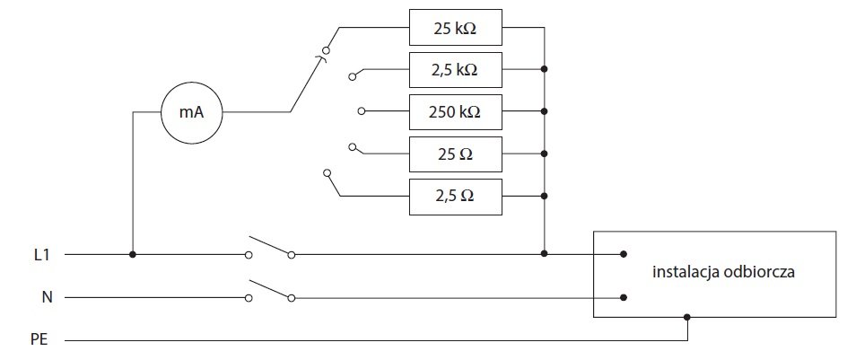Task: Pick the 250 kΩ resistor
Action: click(456, 112)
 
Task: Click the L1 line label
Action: click(39, 255)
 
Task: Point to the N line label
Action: click(47, 297)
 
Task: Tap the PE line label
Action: click(39, 340)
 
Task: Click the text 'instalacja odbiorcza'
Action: click(723, 272)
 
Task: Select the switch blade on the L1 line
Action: click(269, 245)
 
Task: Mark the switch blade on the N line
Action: click(269, 289)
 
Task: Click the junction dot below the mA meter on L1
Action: click(133, 254)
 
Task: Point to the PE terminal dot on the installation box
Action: click(687, 317)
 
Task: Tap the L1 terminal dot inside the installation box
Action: click(624, 254)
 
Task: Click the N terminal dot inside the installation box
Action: click(624, 297)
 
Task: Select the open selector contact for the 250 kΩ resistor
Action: click(362, 111)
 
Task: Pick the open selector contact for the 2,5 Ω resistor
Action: click(327, 173)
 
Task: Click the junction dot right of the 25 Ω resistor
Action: click(544, 154)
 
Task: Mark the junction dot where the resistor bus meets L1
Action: click(544, 253)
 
